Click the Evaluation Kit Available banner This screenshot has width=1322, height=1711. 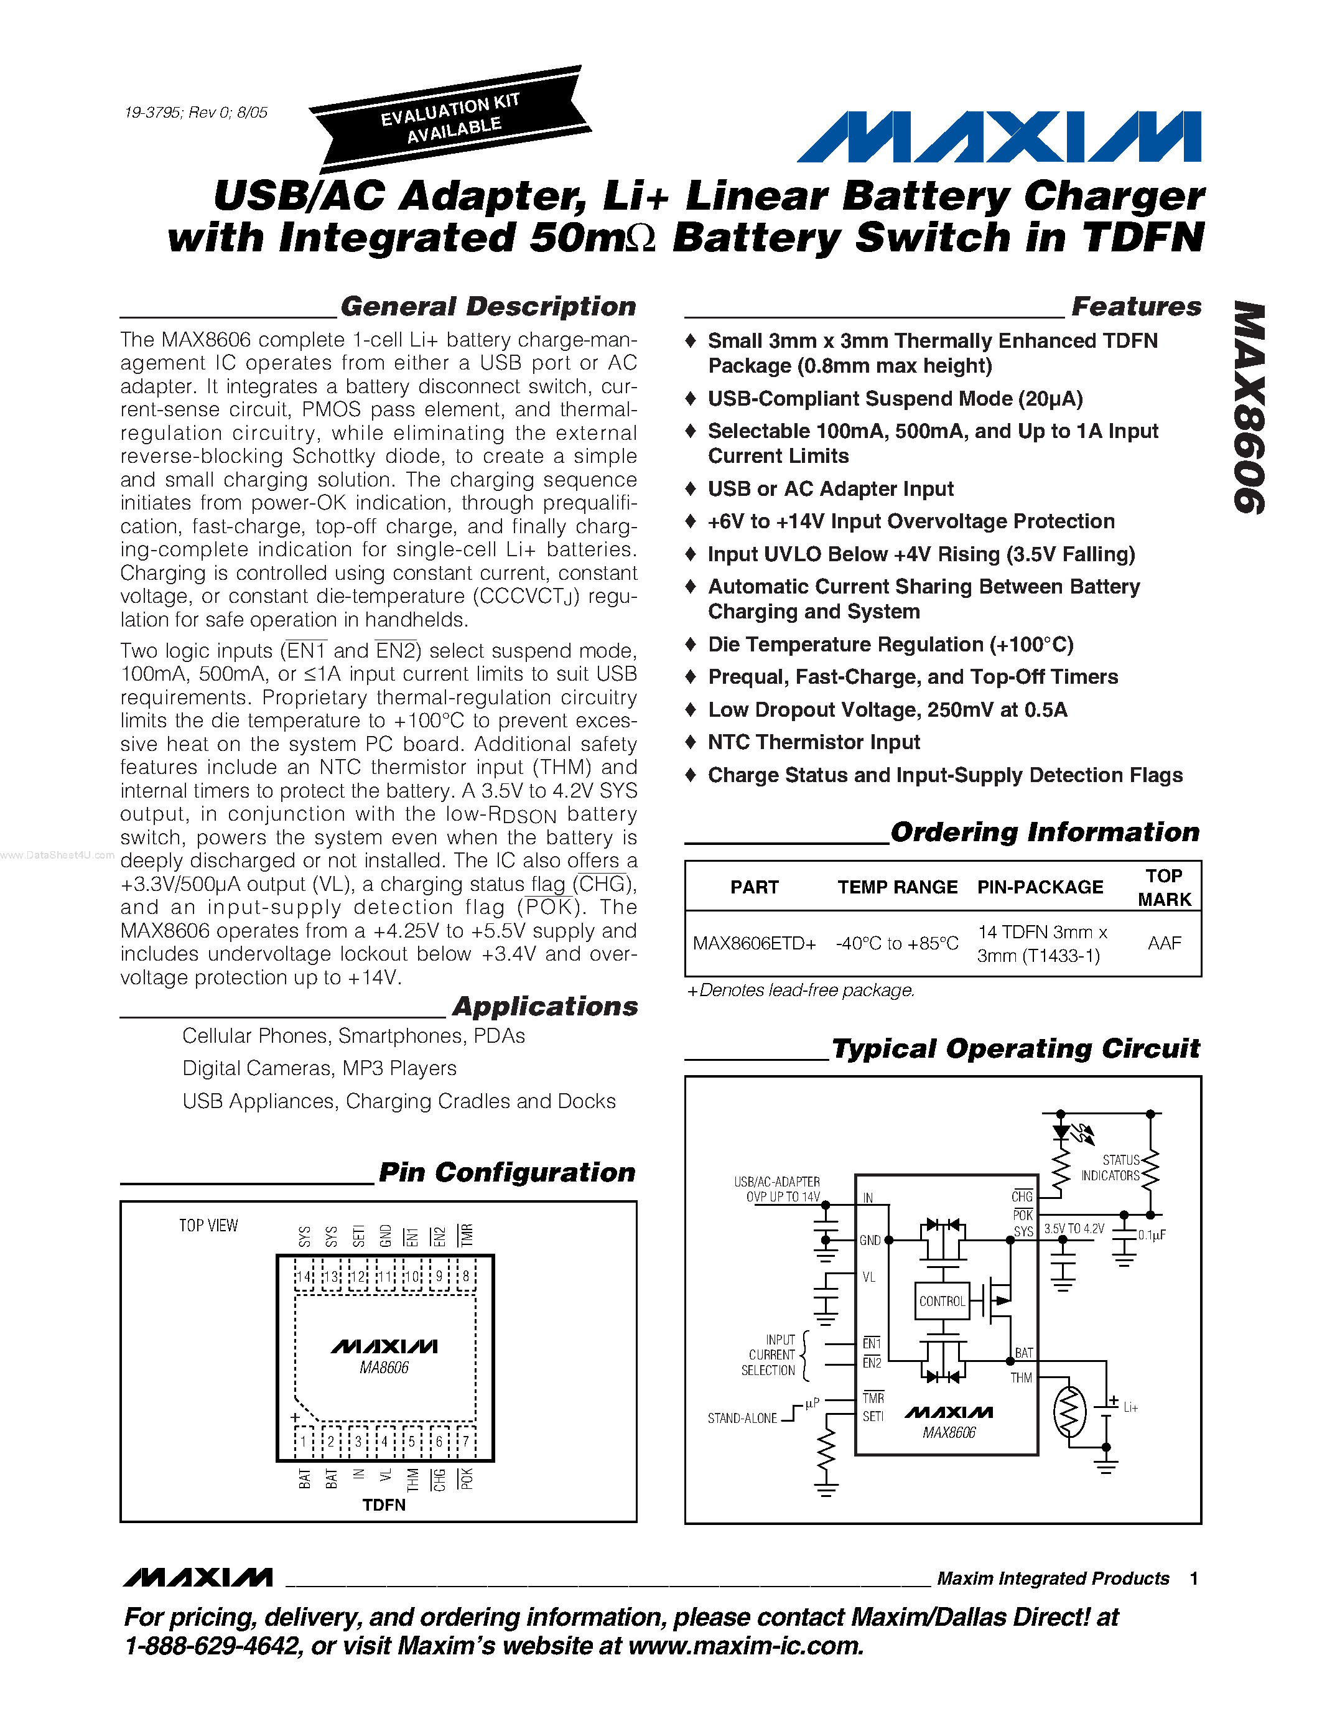(x=450, y=119)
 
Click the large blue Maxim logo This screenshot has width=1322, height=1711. (x=998, y=137)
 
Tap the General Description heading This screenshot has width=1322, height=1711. (x=488, y=306)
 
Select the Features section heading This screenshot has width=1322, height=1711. (x=1135, y=306)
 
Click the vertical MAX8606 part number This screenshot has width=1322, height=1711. (x=1249, y=408)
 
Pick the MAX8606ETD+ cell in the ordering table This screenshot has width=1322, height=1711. (x=754, y=943)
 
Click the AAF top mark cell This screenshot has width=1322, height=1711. (x=1164, y=943)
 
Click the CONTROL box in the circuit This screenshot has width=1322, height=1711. (x=942, y=1301)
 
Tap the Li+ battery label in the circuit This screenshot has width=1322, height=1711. (x=1130, y=1408)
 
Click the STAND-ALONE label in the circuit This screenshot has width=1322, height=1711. (x=742, y=1419)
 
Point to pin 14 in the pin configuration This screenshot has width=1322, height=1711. (x=304, y=1276)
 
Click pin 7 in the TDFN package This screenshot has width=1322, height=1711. (x=466, y=1442)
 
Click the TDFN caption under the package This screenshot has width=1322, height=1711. (x=384, y=1505)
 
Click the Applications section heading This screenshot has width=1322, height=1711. (x=545, y=1007)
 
